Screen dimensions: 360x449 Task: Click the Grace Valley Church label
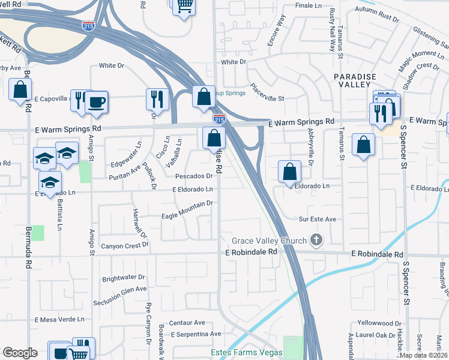[x=269, y=241]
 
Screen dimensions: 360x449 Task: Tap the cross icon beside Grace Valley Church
[x=316, y=241]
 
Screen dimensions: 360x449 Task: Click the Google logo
[x=20, y=353]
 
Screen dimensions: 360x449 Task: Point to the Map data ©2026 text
[x=424, y=355]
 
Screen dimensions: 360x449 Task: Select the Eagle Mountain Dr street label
[x=187, y=204]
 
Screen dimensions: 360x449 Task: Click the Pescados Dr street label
[x=194, y=176]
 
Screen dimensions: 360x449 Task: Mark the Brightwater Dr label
[x=124, y=278]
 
